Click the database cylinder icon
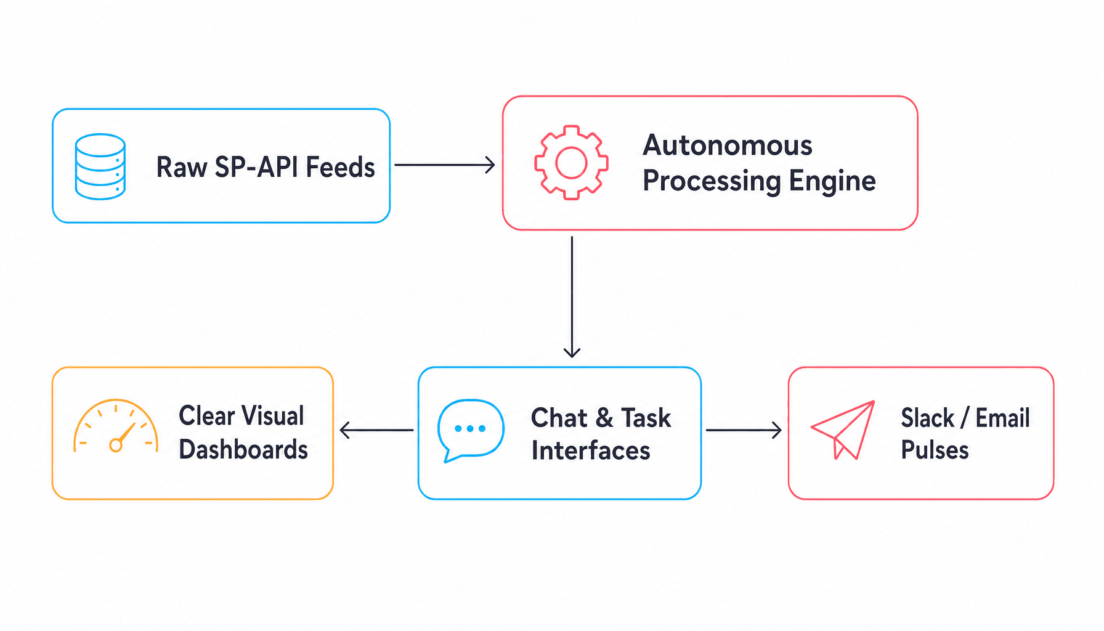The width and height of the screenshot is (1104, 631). click(100, 166)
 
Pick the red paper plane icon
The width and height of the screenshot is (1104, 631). click(843, 429)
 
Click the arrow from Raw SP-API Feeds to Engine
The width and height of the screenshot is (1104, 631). click(445, 165)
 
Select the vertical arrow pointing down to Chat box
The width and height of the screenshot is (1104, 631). click(572, 297)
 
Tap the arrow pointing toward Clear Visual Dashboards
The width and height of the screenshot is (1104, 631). click(376, 430)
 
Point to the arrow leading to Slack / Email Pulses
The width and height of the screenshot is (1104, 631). click(744, 430)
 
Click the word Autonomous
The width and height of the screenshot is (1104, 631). click(728, 145)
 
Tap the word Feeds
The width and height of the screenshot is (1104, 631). click(340, 167)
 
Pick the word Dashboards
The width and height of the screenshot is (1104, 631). click(243, 449)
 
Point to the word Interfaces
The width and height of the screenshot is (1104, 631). click(591, 450)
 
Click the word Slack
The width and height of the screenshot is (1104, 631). click(927, 418)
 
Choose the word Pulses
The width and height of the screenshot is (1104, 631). click(935, 450)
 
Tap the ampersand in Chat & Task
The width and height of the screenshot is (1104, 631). click(604, 418)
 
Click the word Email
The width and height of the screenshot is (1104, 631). click(1002, 418)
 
